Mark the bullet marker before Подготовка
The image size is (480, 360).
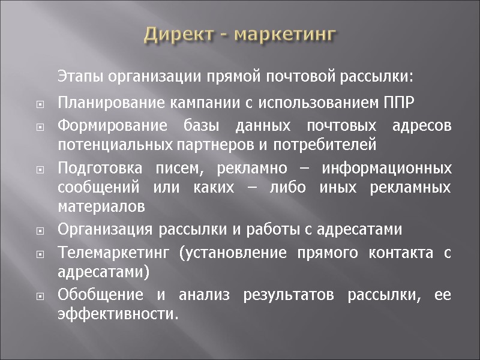[40, 170]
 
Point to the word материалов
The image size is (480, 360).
[101, 206]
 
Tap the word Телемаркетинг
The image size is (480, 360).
[108, 254]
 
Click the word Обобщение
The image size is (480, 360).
[100, 296]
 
